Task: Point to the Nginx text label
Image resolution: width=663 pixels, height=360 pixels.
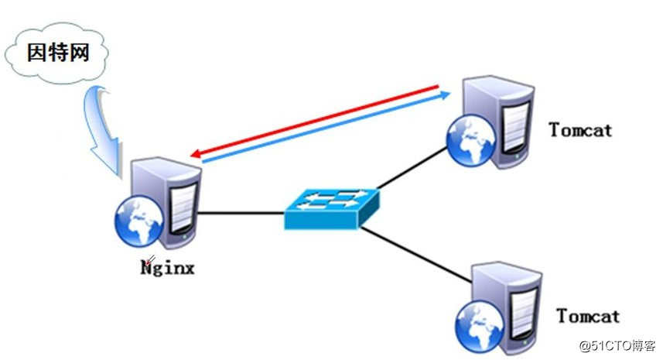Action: (169, 269)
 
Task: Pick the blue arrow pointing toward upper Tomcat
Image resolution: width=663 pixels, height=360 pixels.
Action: (325, 128)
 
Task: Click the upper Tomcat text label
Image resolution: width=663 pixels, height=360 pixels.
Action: (580, 129)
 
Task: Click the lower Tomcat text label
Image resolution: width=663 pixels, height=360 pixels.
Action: (588, 316)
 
